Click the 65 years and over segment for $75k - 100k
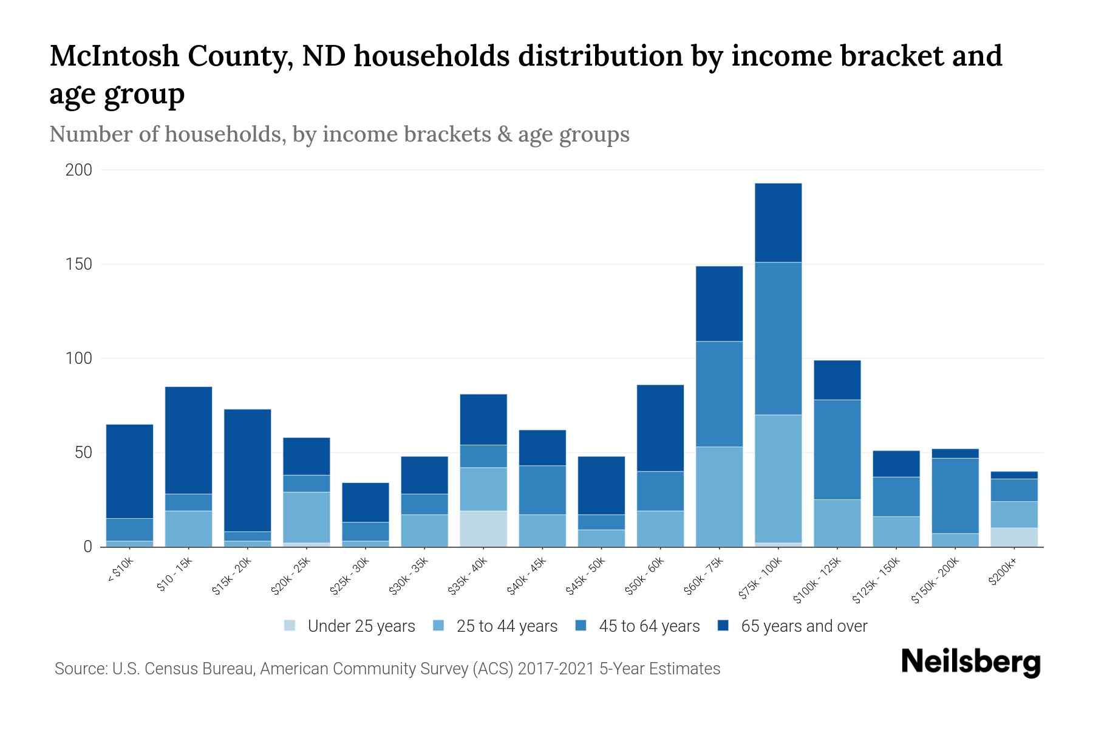click(778, 222)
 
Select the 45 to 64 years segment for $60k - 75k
click(719, 394)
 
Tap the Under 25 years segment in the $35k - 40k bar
click(483, 529)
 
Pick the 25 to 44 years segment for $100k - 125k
click(837, 522)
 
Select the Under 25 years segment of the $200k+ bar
click(1013, 537)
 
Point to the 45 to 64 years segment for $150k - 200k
click(955, 495)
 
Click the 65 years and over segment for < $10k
click(129, 471)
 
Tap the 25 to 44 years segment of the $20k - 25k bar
click(306, 517)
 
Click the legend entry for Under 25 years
click(349, 626)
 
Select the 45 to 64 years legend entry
click(637, 626)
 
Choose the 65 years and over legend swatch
click(723, 625)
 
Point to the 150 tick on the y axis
click(79, 264)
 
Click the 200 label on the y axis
click(79, 170)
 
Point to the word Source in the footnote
click(80, 669)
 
